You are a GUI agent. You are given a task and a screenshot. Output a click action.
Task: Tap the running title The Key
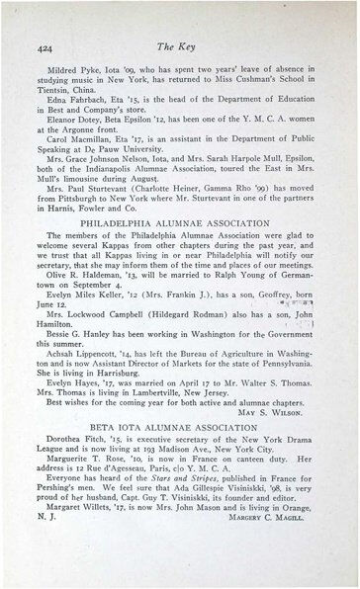[187, 48]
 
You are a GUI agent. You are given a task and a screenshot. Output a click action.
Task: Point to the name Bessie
[64, 309]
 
